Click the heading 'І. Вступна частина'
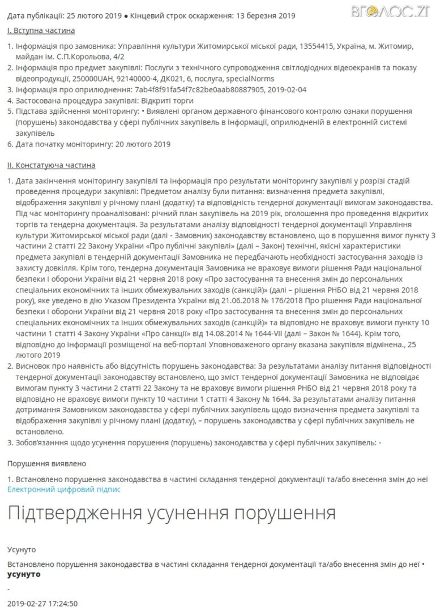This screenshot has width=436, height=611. tap(41, 30)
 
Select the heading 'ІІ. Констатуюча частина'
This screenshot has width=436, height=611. tap(51, 165)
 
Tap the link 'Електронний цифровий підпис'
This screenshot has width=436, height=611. tap(64, 489)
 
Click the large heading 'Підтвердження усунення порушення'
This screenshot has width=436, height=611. tap(171, 514)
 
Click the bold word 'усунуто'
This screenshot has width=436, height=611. tap(24, 574)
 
